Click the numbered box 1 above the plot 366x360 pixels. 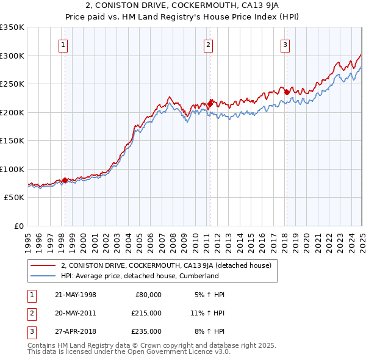coord(63,44)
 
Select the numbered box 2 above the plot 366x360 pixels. coord(209,44)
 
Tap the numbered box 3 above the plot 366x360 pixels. coord(285,44)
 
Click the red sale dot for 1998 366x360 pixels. coord(65,180)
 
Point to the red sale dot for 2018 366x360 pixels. coord(287,92)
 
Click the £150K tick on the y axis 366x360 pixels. coord(12,140)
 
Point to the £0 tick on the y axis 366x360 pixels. coord(20,226)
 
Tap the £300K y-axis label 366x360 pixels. coord(12,56)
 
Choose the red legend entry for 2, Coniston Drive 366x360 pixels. coord(170,265)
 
